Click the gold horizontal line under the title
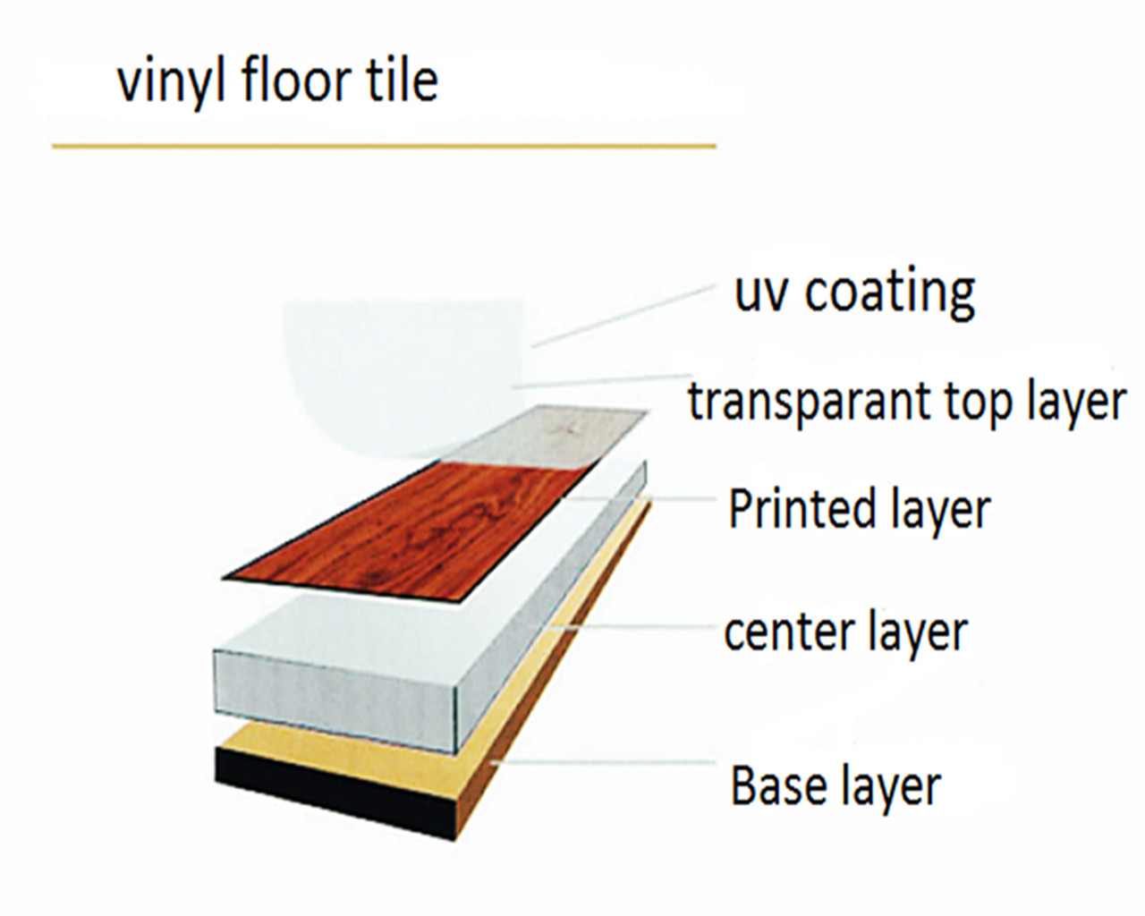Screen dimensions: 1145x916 pos(384,145)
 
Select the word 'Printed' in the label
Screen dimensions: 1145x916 pos(801,508)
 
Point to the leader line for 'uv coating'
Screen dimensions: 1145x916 pos(623,316)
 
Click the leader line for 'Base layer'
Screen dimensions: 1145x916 pos(603,761)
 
